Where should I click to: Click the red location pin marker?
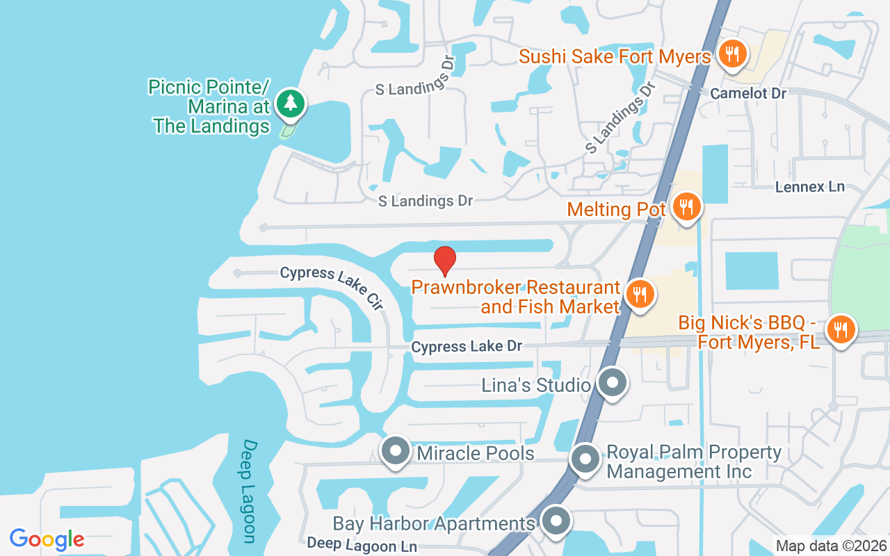[445, 261]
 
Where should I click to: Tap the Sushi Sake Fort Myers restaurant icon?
[731, 54]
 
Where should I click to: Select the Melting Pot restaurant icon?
[686, 206]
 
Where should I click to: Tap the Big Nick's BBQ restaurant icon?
[841, 329]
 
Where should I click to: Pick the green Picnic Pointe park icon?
[291, 104]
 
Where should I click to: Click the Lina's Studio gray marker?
[612, 383]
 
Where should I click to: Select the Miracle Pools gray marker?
[396, 450]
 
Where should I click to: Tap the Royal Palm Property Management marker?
[585, 459]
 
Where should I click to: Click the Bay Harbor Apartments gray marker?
[555, 521]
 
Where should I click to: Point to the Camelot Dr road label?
[748, 93]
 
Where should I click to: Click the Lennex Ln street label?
[810, 186]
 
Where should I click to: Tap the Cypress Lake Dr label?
[466, 346]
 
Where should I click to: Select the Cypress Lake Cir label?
[332, 286]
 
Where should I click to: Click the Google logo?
[47, 539]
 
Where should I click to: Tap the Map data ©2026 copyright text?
[830, 546]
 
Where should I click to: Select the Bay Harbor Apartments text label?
[434, 523]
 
